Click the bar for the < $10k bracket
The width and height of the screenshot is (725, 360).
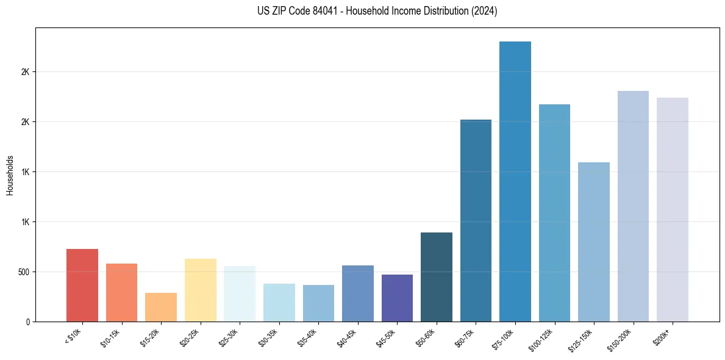[x=82, y=285]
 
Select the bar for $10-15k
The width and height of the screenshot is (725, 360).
[x=121, y=292]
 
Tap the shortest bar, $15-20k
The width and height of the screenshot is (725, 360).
[x=161, y=307]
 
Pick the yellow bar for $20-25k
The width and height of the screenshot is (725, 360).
[x=200, y=290]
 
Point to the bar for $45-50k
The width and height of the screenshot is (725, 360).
[x=397, y=298]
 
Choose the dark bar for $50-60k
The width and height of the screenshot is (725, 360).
[x=437, y=277]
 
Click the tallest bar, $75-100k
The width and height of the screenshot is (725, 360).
[x=515, y=181]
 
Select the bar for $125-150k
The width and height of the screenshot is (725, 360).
[x=594, y=242]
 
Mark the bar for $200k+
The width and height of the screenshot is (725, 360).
[x=673, y=209]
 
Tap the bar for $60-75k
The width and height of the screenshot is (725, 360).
[x=476, y=220]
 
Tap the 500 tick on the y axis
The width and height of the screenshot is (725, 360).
[x=24, y=272]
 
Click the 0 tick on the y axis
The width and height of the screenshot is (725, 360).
[x=28, y=322]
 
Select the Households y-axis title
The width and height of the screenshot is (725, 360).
[x=10, y=175]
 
